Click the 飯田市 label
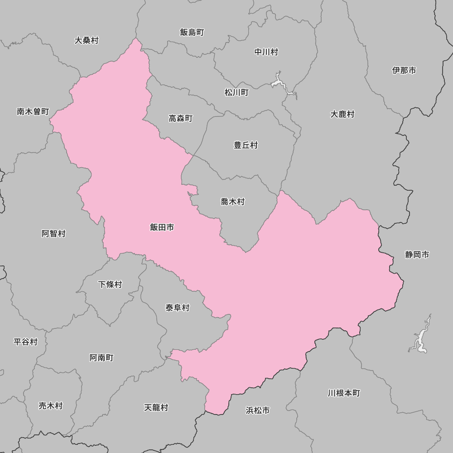click(x=162, y=227)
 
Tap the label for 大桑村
click(x=87, y=40)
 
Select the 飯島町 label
click(x=192, y=32)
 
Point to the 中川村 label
click(x=266, y=52)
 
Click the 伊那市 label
click(x=404, y=70)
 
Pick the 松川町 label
click(x=236, y=92)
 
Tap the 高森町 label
click(x=181, y=118)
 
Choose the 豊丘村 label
click(x=246, y=145)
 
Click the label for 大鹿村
click(x=342, y=114)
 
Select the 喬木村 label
click(x=233, y=202)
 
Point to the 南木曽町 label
click(x=33, y=111)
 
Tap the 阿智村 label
click(x=53, y=234)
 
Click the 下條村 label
click(x=110, y=284)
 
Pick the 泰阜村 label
click(x=177, y=308)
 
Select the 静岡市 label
click(x=417, y=255)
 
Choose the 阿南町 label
click(x=101, y=358)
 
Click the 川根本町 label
click(x=344, y=393)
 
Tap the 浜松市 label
click(x=258, y=410)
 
